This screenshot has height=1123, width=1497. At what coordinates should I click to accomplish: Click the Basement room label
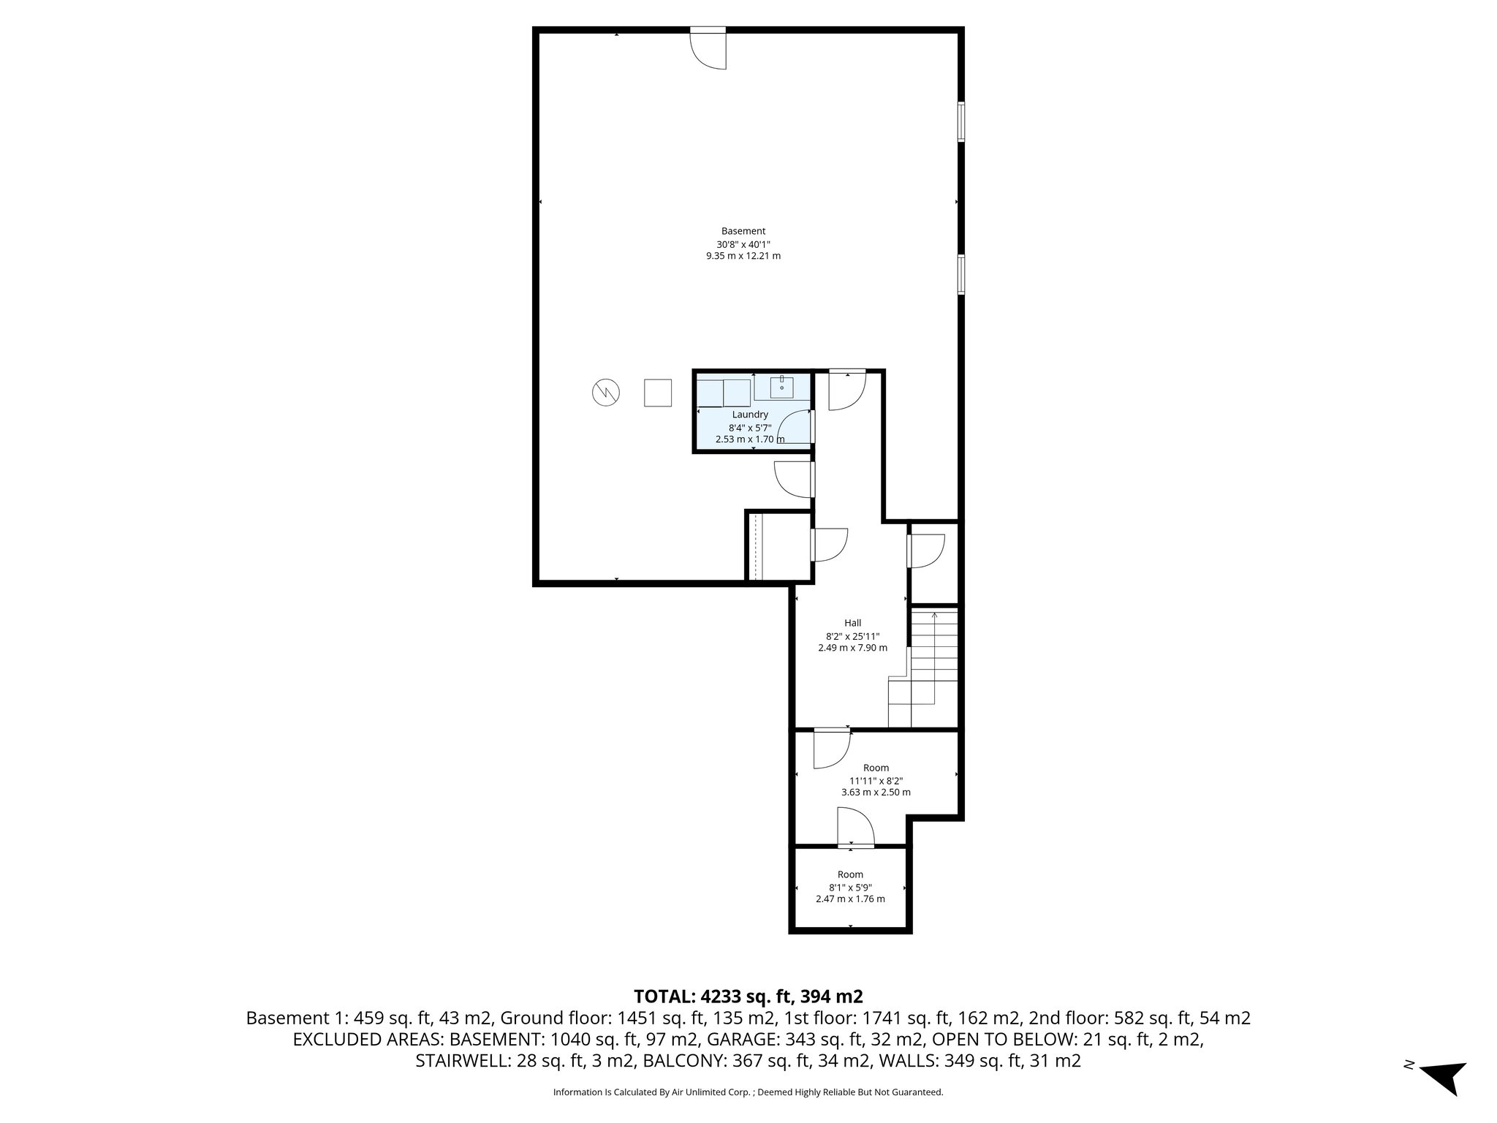743,231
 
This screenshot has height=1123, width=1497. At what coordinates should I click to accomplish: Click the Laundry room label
750,415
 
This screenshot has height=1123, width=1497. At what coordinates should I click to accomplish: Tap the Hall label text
852,623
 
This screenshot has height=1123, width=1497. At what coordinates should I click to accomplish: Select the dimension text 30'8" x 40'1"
743,244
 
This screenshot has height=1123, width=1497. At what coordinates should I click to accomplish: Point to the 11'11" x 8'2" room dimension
876,780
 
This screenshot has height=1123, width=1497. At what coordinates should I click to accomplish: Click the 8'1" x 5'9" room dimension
850,887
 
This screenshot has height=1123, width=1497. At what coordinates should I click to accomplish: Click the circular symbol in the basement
605,393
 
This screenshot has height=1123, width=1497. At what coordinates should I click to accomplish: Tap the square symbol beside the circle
657,393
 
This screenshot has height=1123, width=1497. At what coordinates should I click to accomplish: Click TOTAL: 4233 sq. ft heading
748,996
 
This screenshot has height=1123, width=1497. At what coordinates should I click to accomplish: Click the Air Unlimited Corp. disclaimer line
748,1092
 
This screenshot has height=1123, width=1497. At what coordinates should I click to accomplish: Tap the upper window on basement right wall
960,121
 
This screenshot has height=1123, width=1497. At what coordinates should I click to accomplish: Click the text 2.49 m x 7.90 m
852,648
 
